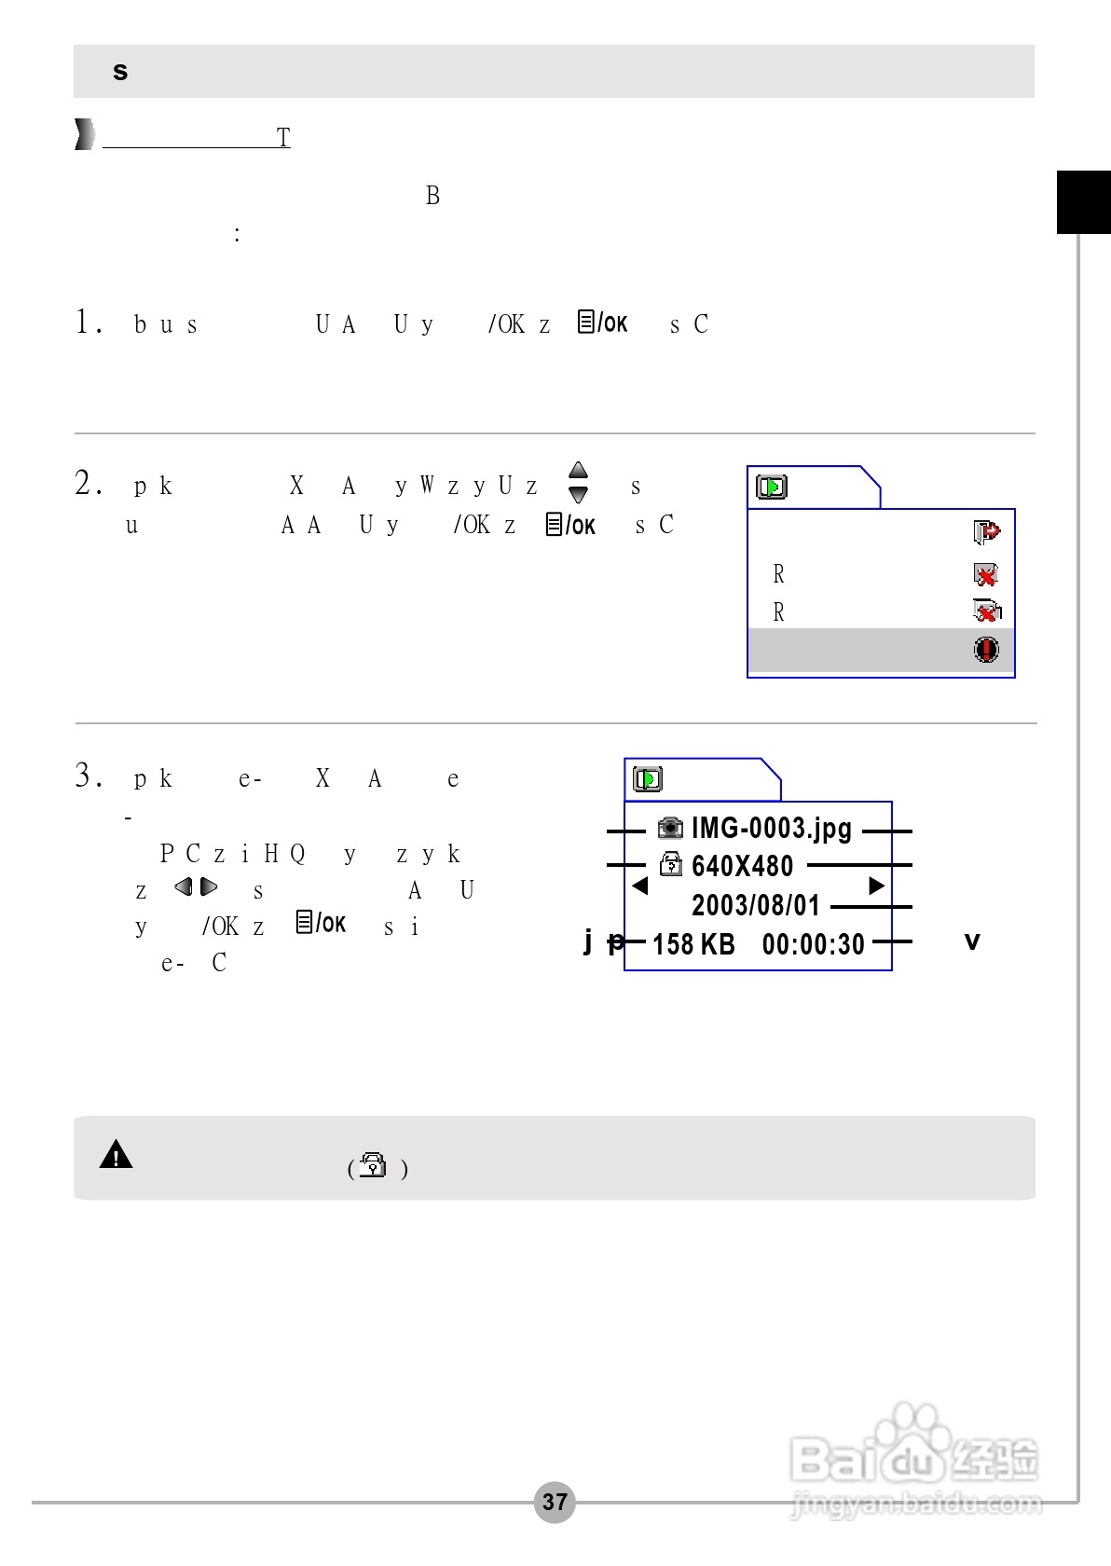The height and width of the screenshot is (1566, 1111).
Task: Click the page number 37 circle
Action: point(555,1502)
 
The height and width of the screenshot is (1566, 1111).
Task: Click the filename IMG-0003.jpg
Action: point(771,828)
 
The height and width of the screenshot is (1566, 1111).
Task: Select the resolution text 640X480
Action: point(742,866)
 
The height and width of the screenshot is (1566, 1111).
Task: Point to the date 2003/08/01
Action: point(755,905)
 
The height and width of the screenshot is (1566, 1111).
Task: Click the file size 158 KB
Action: point(693,944)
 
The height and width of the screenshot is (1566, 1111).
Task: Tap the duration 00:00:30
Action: point(813,944)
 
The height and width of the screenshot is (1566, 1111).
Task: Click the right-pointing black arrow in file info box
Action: point(876,886)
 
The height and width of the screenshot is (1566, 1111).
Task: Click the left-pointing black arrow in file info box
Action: point(639,886)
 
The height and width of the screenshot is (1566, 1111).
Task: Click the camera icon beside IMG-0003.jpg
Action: point(670,828)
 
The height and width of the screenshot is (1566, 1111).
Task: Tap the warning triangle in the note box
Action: point(116,1155)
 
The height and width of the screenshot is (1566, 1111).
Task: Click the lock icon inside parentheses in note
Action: point(373,1165)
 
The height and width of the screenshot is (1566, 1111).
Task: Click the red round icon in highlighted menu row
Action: point(986,649)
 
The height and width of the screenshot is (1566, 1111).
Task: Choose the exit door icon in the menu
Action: point(986,532)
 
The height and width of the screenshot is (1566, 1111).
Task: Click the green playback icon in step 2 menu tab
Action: point(772,487)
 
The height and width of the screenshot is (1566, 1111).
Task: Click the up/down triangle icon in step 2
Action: point(579,482)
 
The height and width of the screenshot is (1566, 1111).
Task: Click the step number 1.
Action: point(88,323)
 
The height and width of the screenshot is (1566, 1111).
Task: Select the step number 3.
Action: point(88,776)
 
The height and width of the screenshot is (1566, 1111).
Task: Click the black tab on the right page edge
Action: point(1083,201)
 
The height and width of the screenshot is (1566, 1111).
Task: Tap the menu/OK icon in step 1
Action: point(602,323)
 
